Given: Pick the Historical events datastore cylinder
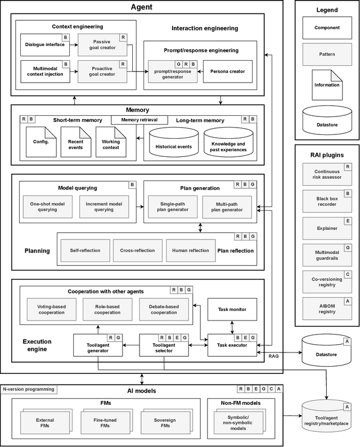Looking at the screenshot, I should point(172,144).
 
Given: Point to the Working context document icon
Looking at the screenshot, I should point(111,143).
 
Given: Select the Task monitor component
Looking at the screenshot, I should point(232,309).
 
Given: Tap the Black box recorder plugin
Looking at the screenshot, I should point(327,198).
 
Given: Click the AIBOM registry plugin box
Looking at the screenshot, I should point(327,308).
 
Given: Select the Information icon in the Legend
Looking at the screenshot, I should point(327,80).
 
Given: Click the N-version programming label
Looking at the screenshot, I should point(29,389).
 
